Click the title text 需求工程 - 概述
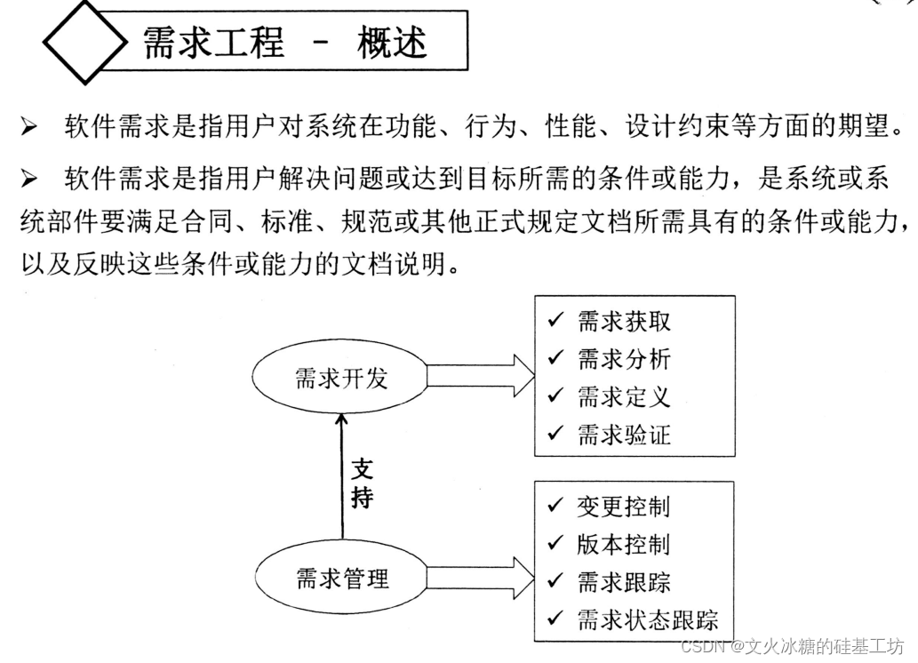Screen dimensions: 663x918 pyautogui.click(x=284, y=42)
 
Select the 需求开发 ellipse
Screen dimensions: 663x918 pyautogui.click(x=341, y=379)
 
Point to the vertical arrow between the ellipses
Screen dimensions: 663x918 pyautogui.click(x=341, y=480)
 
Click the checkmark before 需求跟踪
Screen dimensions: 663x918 pyautogui.click(x=556, y=581)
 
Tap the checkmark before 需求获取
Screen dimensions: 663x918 pyautogui.click(x=556, y=321)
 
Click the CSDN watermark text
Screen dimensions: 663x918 pyautogui.click(x=791, y=646)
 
